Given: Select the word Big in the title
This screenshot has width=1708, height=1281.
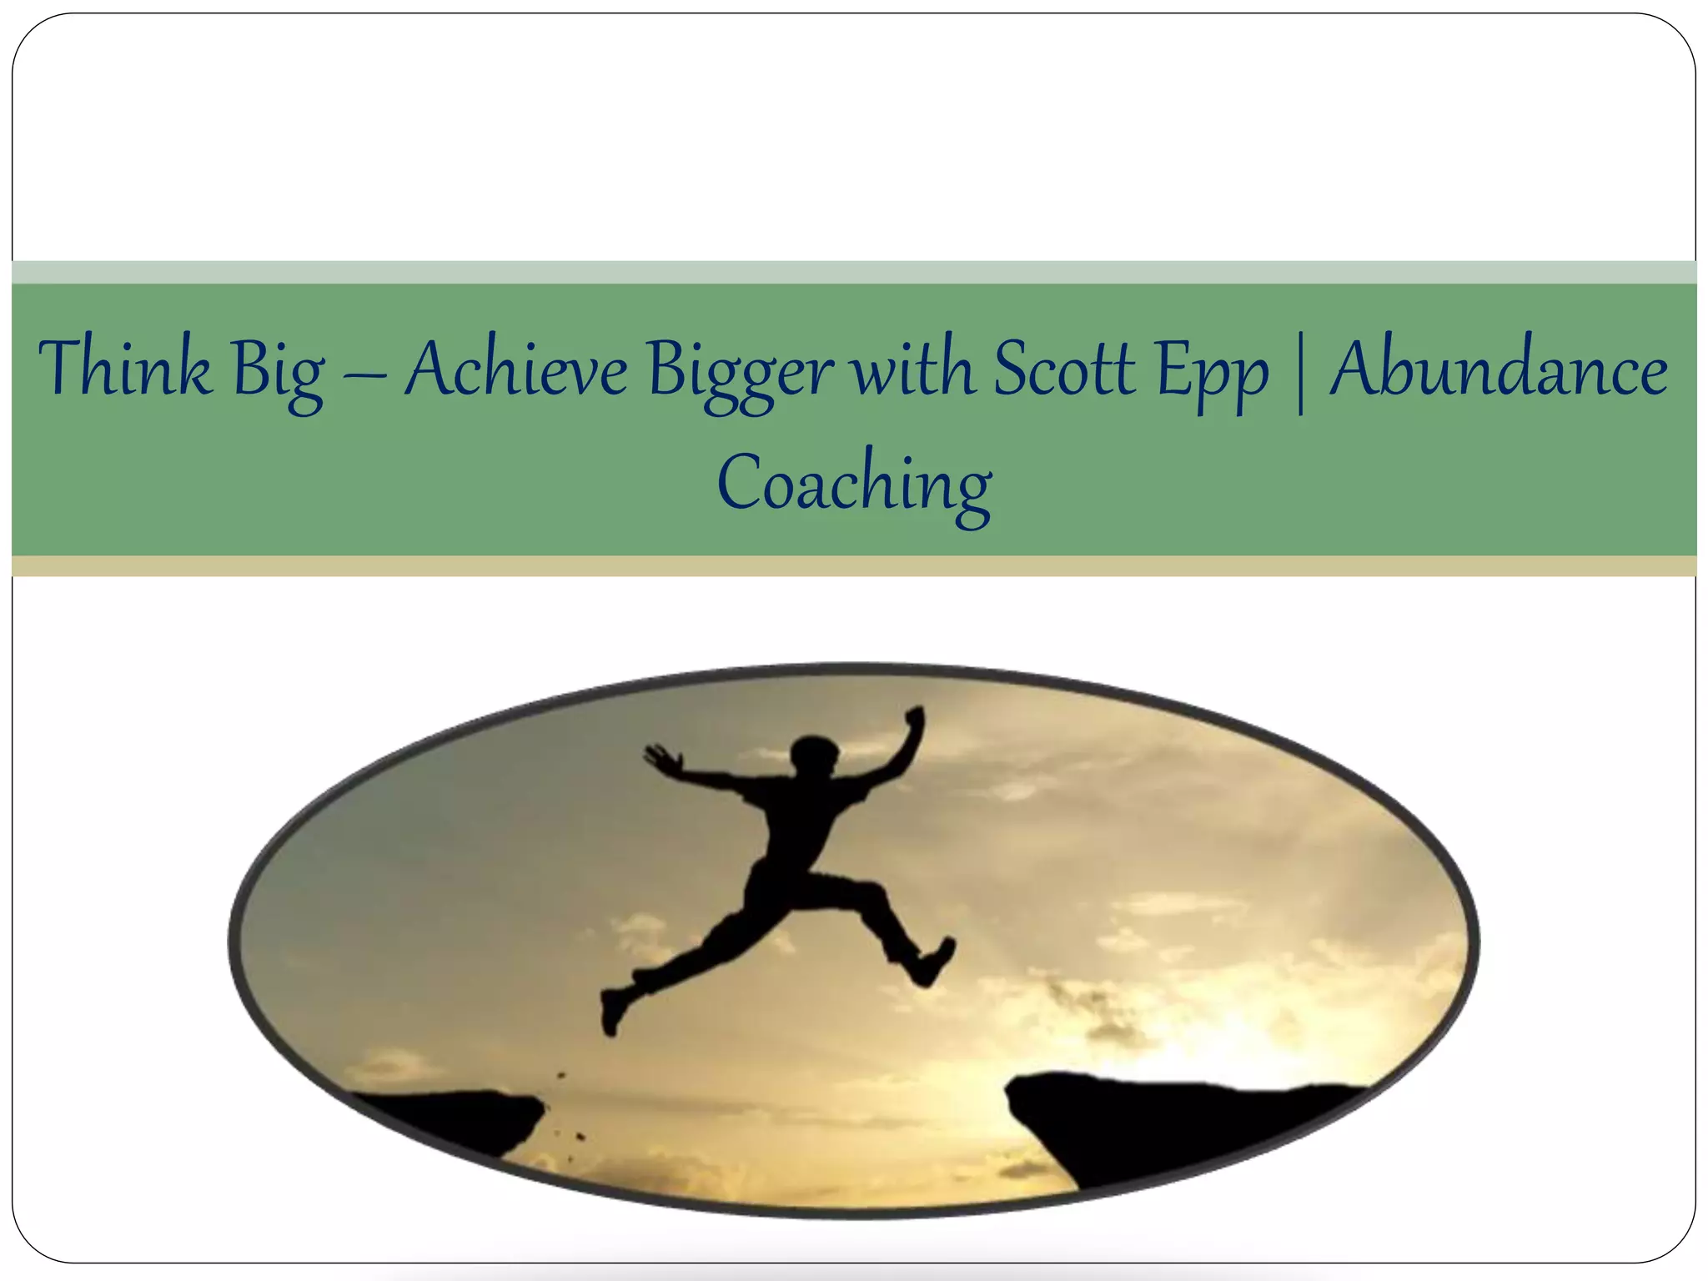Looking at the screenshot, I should point(279,372).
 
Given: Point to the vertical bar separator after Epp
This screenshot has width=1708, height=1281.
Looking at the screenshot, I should point(1299,371).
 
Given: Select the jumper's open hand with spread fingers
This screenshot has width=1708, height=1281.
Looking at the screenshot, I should point(661,758).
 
